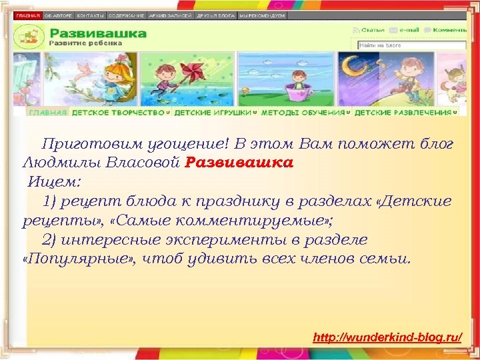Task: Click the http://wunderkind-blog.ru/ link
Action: pos(387,339)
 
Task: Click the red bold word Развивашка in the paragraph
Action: pos(239,162)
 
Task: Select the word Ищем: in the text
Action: pos(54,181)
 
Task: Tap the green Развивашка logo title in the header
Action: pos(98,33)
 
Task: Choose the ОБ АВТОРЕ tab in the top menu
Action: pos(59,15)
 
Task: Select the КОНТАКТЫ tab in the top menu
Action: pos(90,15)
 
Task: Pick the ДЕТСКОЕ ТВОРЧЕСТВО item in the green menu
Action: pos(118,113)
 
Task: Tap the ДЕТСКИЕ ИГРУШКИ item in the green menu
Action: pos(213,113)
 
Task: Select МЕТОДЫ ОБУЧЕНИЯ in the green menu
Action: pos(303,113)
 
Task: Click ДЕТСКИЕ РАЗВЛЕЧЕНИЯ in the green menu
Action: pos(403,113)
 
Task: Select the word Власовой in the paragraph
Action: pos(146,162)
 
